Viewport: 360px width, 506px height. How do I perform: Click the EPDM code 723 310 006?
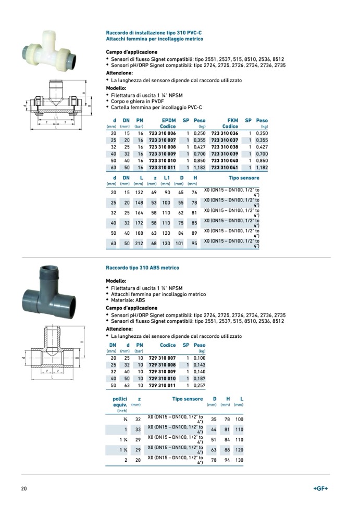point(162,134)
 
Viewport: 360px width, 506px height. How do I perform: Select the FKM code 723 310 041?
point(224,168)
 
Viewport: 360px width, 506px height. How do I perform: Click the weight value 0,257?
point(200,386)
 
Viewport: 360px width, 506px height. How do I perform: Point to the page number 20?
point(24,489)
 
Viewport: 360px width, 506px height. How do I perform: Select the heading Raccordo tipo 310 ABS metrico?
point(142,268)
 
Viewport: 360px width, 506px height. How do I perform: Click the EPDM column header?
point(168,120)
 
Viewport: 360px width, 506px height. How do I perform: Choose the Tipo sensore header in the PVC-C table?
point(244,178)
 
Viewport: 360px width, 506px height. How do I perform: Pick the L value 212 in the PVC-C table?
point(139,243)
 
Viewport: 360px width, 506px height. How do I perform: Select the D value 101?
point(180,243)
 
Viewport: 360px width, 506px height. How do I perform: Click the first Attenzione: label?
point(119,73)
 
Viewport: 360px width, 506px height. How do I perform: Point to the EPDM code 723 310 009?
point(162,155)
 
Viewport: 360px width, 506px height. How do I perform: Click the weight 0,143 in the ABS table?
point(200,365)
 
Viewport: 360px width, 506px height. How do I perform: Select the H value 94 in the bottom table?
point(227,460)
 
